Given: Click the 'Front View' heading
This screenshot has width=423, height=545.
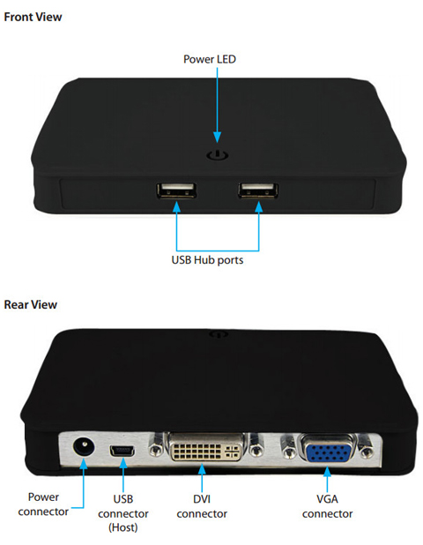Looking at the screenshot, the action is (x=33, y=17).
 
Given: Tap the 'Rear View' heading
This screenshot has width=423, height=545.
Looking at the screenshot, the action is (x=30, y=304).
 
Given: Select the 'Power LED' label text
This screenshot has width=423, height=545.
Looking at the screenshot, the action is (x=210, y=59).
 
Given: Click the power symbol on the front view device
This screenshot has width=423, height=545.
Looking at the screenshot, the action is (x=218, y=155).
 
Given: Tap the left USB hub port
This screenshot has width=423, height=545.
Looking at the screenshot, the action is (x=176, y=190).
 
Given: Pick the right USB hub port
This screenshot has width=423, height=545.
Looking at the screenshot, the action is (x=258, y=190).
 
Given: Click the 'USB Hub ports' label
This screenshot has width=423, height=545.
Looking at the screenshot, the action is (x=207, y=260).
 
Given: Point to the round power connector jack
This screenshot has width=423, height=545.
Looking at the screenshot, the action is (x=84, y=446).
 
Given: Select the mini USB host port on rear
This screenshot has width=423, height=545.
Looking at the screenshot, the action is (x=122, y=452).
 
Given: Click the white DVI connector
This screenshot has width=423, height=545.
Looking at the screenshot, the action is (x=206, y=449).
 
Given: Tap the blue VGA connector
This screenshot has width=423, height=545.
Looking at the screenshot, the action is (x=327, y=451).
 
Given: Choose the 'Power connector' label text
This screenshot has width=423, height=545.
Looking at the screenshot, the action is (x=43, y=504).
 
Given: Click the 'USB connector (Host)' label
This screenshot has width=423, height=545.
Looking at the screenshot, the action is (x=123, y=513).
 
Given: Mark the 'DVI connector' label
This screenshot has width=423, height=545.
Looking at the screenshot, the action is (x=202, y=506).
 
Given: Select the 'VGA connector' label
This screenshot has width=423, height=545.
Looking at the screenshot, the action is (x=327, y=506).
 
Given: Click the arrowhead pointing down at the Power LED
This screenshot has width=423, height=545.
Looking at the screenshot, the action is (x=218, y=138).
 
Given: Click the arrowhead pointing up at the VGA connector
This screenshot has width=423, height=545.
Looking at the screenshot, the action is (x=327, y=472).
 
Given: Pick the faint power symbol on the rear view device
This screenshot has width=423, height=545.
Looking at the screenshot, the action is (x=219, y=334).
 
